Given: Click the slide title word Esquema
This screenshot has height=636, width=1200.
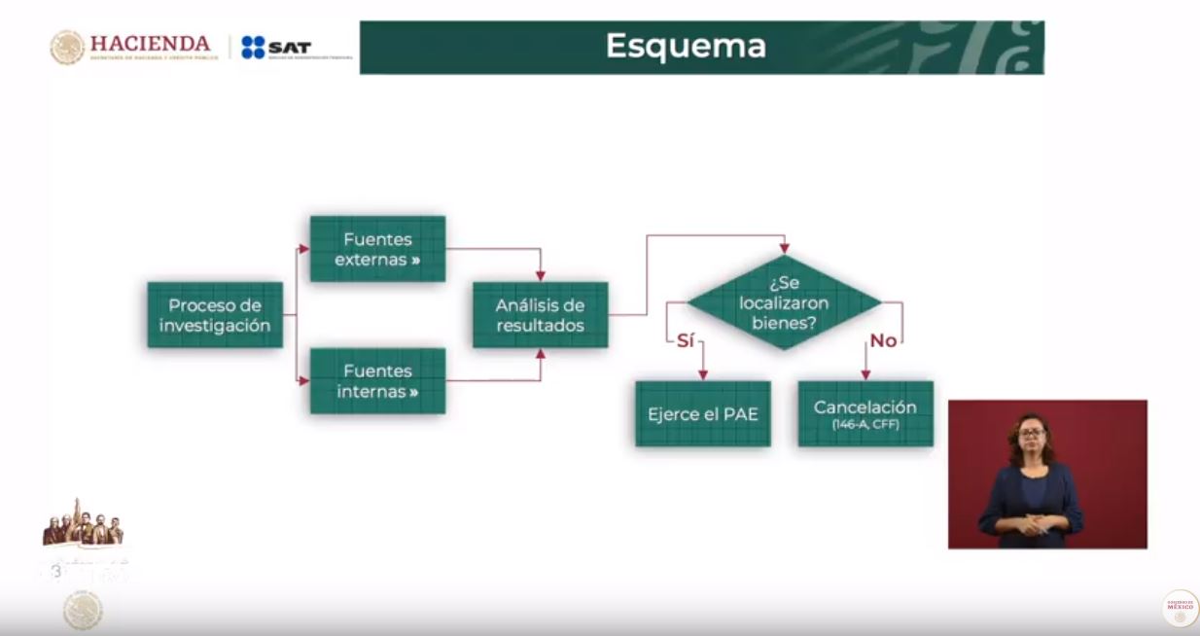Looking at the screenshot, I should coord(686,46).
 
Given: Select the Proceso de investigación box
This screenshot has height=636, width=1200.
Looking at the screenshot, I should coord(215,315).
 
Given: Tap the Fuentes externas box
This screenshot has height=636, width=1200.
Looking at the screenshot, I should coord(377,249).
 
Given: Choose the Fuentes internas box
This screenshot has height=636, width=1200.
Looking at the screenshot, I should coord(377,381).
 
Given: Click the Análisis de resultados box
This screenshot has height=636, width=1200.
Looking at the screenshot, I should coord(540,315).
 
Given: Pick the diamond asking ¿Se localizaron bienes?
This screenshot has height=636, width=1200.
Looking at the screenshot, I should coord(784,302).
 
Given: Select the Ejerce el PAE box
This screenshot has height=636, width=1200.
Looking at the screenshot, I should coord(702,414).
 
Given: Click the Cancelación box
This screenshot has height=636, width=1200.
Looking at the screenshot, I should coord(865,413).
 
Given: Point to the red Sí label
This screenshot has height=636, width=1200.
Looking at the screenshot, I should coord(685,340).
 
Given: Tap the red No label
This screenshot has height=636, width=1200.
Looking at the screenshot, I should coord(883,340).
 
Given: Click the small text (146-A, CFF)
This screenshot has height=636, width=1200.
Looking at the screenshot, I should coord(865,426).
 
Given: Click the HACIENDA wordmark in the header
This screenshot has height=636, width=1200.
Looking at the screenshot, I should coord(150,45).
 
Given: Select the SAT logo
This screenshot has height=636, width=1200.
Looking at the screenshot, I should coord(276,48).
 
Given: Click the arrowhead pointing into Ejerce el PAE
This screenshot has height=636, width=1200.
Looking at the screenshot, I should coord(702,375).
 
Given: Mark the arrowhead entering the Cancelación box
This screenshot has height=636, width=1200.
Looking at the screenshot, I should coord(865,375).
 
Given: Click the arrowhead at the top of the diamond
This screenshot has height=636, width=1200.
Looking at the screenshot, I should coord(784,249).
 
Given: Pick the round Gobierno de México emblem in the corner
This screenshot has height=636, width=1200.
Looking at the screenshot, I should coord(1180,608).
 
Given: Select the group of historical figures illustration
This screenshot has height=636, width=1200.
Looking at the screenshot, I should coord(84,525).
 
